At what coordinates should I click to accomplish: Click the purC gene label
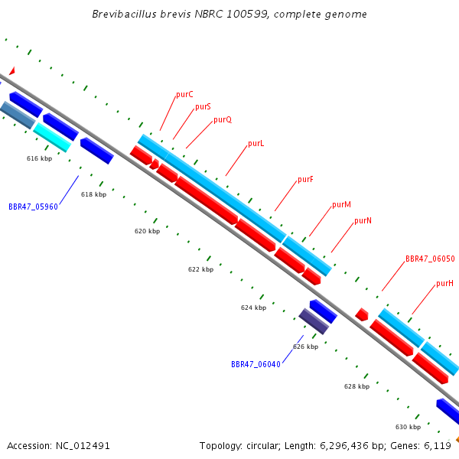[184, 95]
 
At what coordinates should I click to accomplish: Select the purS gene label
[203, 106]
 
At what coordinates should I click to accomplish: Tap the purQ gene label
[223, 120]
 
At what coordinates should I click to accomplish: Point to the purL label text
[256, 144]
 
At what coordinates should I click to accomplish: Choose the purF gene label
[305, 179]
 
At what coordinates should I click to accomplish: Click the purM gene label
[341, 204]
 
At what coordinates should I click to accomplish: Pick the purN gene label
[363, 220]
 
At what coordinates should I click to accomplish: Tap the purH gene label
[444, 283]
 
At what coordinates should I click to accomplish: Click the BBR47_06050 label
[430, 259]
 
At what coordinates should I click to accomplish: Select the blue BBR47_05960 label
[33, 207]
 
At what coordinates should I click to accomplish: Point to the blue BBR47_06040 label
[256, 364]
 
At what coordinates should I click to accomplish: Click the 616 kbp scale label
[39, 158]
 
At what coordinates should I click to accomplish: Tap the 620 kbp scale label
[147, 231]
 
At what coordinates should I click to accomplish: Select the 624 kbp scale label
[253, 308]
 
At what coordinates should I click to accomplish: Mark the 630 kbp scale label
[408, 427]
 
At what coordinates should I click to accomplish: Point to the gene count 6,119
[438, 446]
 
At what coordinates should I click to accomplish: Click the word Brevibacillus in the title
[125, 14]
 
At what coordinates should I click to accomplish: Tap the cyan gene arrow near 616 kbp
[52, 138]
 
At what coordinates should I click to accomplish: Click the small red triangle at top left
[12, 71]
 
